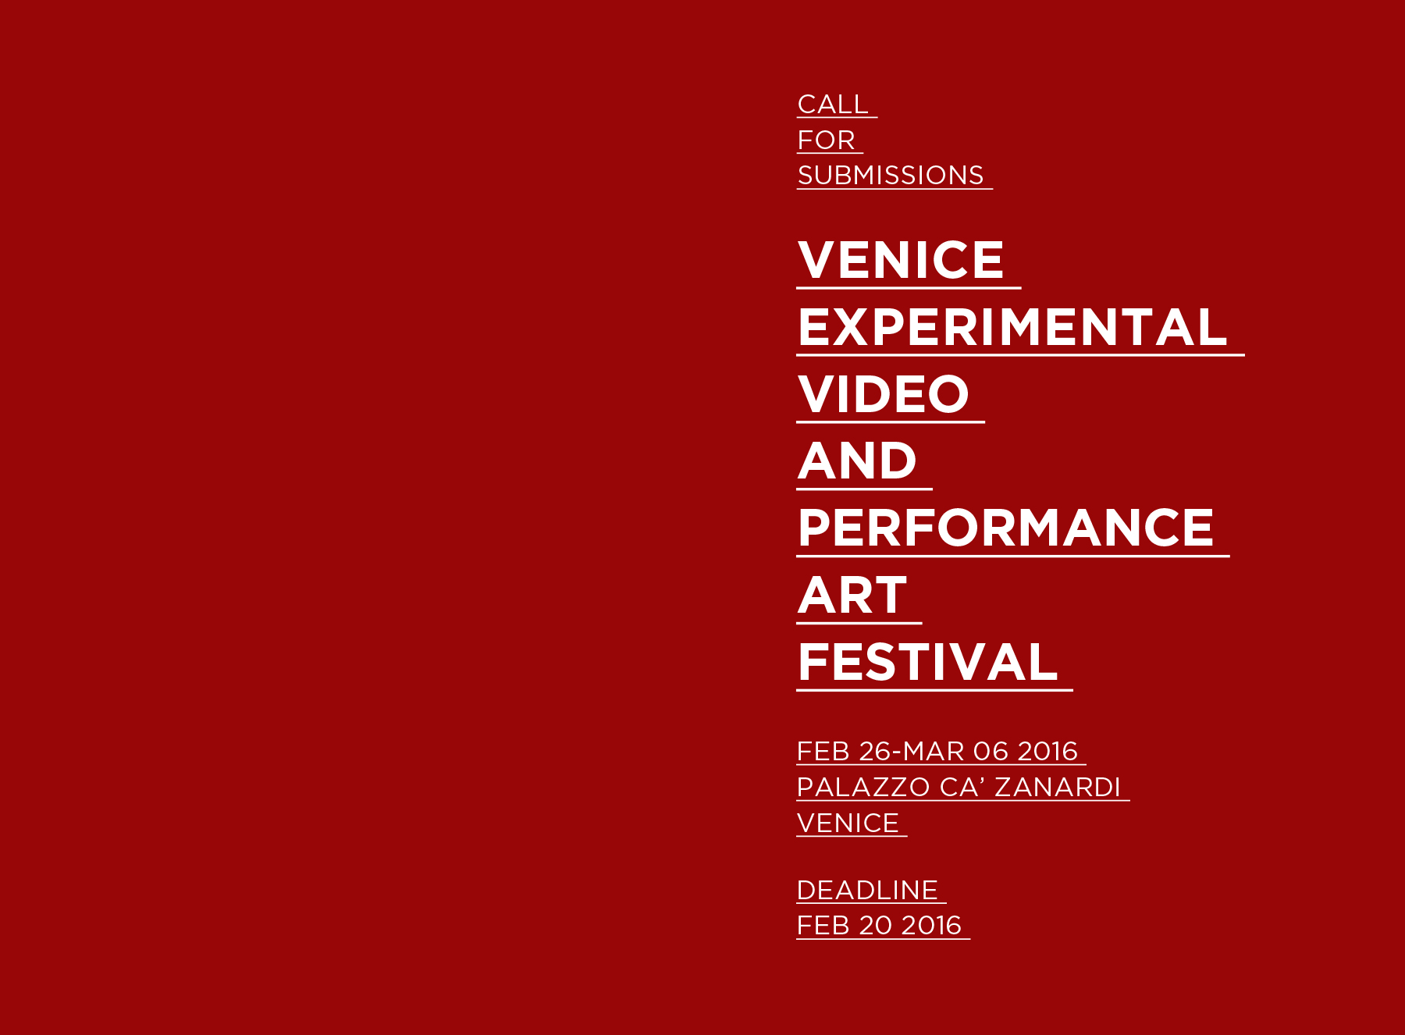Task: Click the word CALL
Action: click(x=833, y=104)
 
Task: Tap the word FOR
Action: click(x=826, y=140)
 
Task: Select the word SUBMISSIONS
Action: click(x=891, y=175)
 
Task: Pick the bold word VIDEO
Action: click(x=883, y=393)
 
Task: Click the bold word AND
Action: click(x=857, y=461)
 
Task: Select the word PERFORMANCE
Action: click(x=1005, y=528)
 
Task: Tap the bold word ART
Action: click(x=852, y=595)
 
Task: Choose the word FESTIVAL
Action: click(x=927, y=662)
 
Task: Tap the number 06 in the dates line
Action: click(x=991, y=751)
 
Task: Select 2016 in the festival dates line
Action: click(x=1048, y=751)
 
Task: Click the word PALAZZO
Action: click(x=863, y=787)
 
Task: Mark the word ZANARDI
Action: click(x=1058, y=787)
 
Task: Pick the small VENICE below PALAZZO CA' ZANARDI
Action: click(x=848, y=823)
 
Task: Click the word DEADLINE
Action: click(x=867, y=890)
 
